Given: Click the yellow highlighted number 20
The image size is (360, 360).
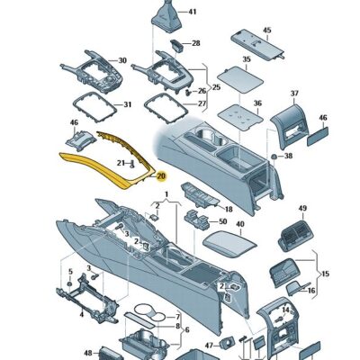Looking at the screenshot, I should click(162, 176).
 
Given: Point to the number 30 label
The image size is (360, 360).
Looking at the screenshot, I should click(122, 62).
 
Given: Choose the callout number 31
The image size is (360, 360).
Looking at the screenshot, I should click(127, 104).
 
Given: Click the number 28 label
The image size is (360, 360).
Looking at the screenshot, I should click(196, 43).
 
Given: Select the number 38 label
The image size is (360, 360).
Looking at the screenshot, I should click(289, 157).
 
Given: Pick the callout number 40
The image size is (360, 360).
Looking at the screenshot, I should click(239, 224).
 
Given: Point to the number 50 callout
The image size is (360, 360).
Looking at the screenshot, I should click(221, 220).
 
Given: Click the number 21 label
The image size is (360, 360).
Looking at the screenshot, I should click(121, 161).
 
